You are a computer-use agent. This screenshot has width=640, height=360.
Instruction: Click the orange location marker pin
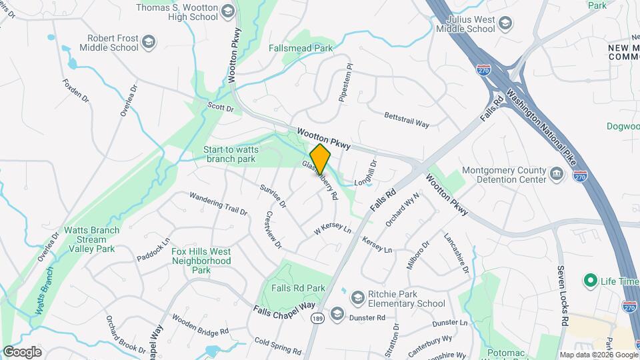[320, 159]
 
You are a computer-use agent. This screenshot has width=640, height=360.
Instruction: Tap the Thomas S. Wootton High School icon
[228, 11]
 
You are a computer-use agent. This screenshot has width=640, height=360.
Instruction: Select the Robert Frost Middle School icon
[148, 42]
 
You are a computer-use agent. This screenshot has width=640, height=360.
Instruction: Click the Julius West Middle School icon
[506, 24]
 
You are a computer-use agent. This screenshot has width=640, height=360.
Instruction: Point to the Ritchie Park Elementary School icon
[358, 297]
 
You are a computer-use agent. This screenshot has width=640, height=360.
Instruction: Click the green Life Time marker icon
[589, 281]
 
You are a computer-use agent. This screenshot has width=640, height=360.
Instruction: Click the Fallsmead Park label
[300, 49]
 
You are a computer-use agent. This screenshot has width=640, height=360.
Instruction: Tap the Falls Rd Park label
[299, 288]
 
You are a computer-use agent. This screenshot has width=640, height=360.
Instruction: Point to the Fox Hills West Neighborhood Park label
[201, 261]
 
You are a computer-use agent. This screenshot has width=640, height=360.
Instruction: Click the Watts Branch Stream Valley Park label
[91, 239]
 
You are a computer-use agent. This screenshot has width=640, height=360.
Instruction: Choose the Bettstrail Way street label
[406, 119]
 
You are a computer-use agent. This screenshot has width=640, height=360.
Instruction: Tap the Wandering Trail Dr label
[218, 203]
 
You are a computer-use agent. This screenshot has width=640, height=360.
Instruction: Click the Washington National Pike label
[542, 123]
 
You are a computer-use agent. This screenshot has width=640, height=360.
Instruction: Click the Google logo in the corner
[22, 351]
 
